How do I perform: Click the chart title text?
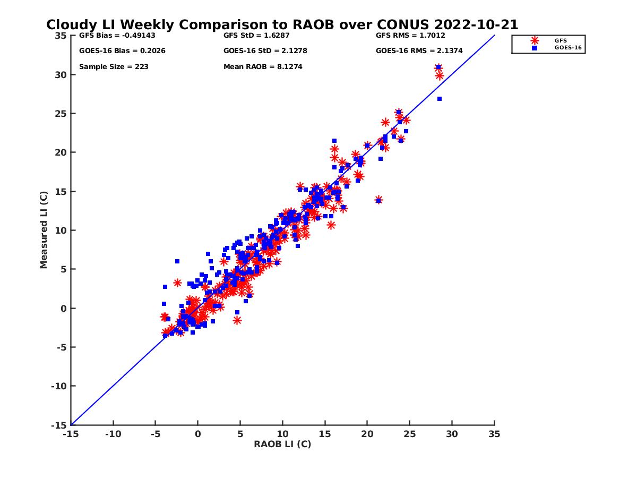coord(282,25)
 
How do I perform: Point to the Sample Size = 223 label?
coord(114,67)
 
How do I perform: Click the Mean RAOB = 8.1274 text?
coord(263,67)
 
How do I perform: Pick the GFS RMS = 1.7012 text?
coord(410,36)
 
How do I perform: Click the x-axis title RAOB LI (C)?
coord(282,444)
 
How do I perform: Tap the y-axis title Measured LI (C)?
coord(44,230)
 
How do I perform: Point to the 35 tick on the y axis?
coord(61,36)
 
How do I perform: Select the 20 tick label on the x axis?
coord(367,434)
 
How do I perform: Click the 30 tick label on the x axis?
coord(452,434)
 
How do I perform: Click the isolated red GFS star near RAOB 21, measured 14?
coord(378,200)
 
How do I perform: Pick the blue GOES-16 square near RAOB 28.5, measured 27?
coord(440,99)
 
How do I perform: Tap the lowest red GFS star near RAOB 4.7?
coord(237,320)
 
